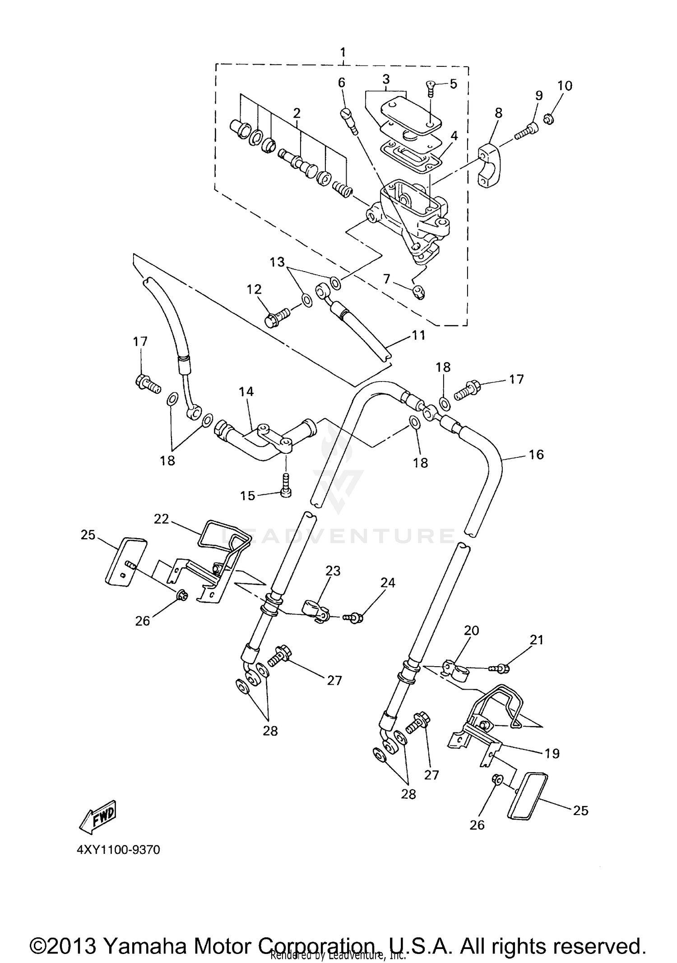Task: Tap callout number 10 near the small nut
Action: [564, 86]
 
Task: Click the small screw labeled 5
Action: [430, 89]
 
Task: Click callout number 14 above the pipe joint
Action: [246, 392]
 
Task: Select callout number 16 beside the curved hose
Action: [536, 454]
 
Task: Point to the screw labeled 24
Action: [354, 617]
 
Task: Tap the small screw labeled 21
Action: [501, 668]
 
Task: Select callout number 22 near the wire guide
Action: [161, 519]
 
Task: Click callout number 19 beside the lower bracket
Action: [552, 753]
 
